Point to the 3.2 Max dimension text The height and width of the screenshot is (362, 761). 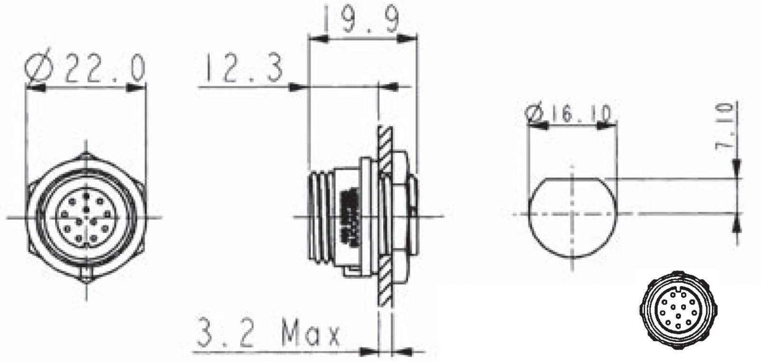click(268, 333)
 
